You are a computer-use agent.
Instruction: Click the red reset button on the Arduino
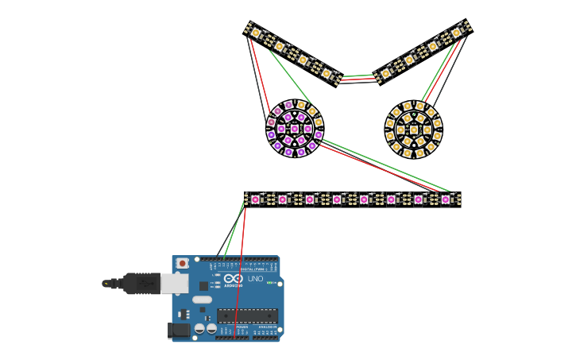[183, 263]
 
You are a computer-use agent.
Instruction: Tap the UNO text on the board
[256, 279]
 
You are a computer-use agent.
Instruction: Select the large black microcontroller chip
[247, 315]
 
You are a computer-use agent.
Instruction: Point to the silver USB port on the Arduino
[174, 283]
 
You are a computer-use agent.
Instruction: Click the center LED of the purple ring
[295, 129]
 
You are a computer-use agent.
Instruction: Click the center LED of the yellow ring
[414, 130]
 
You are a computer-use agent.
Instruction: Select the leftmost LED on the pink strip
[255, 199]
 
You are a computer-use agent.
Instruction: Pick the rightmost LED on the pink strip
[446, 199]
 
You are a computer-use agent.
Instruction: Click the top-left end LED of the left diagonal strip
[256, 33]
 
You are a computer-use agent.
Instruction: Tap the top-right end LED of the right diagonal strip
[456, 33]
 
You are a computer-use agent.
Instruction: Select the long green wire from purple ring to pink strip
[381, 166]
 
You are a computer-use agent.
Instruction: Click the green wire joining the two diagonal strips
[358, 76]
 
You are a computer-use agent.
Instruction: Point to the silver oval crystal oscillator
[202, 300]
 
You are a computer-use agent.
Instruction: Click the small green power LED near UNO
[269, 283]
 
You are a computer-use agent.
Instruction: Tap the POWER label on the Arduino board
[242, 327]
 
